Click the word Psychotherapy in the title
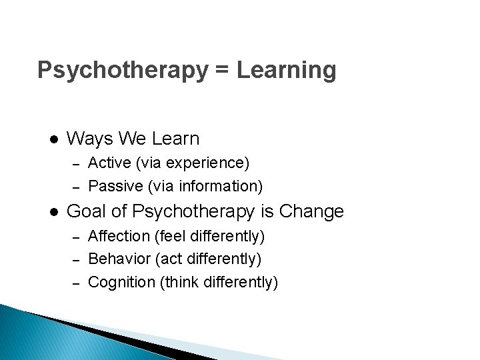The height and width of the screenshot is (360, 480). pyautogui.click(x=122, y=70)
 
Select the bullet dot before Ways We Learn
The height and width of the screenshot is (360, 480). pyautogui.click(x=52, y=139)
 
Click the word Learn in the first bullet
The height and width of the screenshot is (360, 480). pyautogui.click(x=175, y=139)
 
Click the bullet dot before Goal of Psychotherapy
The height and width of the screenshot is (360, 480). pyautogui.click(x=52, y=213)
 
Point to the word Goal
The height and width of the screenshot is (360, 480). pyautogui.click(x=89, y=212)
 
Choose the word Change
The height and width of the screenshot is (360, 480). pyautogui.click(x=312, y=212)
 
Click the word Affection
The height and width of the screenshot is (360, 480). pyautogui.click(x=119, y=236)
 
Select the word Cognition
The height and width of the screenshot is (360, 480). pyautogui.click(x=121, y=282)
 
